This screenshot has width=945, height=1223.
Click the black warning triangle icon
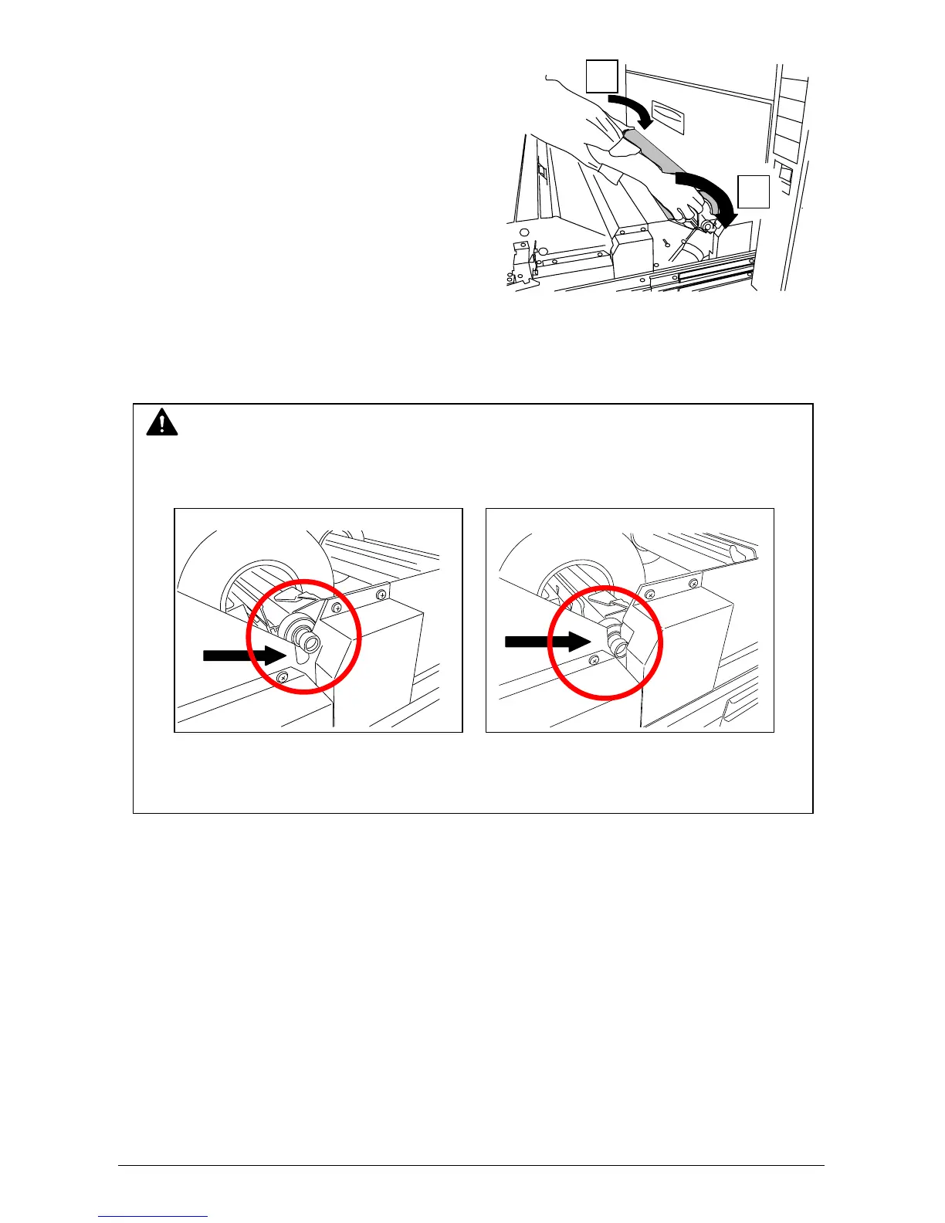161,423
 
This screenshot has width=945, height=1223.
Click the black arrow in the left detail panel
244,656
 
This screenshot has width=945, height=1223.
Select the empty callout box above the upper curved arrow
601,77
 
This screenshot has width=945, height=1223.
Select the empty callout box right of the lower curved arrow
754,191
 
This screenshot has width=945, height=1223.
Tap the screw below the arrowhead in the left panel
283,676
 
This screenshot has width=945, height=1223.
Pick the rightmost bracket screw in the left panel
381,595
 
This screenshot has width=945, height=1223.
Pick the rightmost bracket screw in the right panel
693,582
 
